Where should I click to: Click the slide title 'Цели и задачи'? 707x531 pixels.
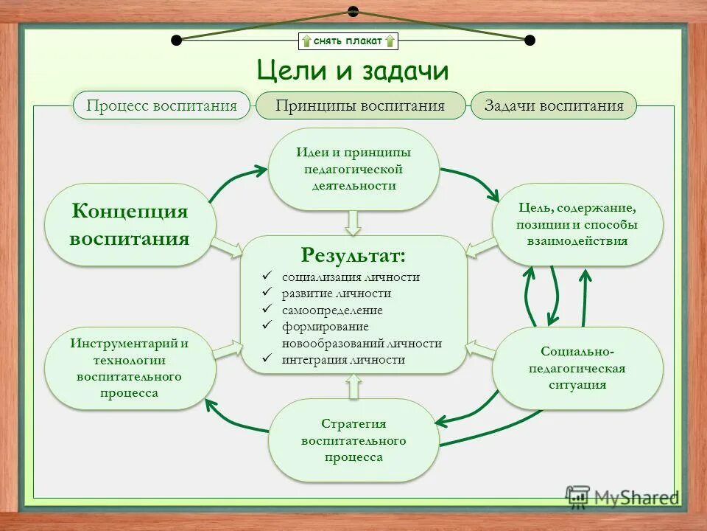[353, 71]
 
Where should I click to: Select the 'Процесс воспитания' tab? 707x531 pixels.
[161, 105]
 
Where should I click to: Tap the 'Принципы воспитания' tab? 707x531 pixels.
[360, 105]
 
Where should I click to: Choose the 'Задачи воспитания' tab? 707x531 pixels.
[554, 105]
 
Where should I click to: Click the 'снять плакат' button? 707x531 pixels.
[348, 41]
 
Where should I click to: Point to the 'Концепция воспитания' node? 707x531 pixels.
[130, 225]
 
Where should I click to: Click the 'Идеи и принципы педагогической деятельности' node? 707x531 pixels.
[353, 169]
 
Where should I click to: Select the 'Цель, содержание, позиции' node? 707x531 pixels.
[577, 224]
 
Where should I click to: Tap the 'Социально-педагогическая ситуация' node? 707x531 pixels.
[577, 368]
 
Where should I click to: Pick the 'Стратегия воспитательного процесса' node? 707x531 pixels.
[353, 440]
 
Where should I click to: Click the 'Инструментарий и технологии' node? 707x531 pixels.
[130, 368]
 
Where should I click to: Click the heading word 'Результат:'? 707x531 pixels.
[353, 255]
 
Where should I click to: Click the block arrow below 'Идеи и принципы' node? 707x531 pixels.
[353, 222]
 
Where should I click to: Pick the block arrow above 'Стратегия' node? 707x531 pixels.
[353, 386]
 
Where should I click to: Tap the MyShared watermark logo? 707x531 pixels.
[622, 496]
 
